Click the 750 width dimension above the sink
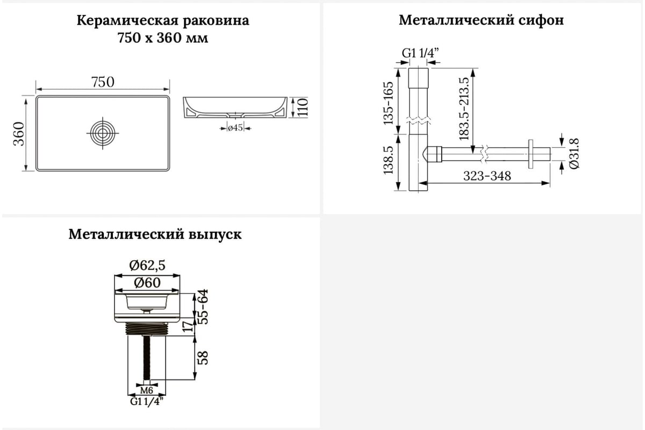pyautogui.click(x=103, y=82)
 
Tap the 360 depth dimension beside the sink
pyautogui.click(x=19, y=134)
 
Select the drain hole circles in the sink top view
pyautogui.click(x=103, y=133)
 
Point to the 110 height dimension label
pyautogui.click(x=302, y=107)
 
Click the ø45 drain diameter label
pyautogui.click(x=235, y=127)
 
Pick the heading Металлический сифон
pyautogui.click(x=481, y=20)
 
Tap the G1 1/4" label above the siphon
pyautogui.click(x=420, y=53)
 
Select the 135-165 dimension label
pyautogui.click(x=388, y=103)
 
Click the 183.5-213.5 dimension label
pyautogui.click(x=463, y=109)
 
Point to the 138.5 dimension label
pyautogui.click(x=388, y=160)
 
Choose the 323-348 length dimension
pyautogui.click(x=487, y=176)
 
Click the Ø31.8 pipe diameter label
pyautogui.click(x=574, y=154)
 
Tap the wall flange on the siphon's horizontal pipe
pyautogui.click(x=531, y=154)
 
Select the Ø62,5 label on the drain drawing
pyautogui.click(x=147, y=266)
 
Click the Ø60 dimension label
pyautogui.click(x=147, y=283)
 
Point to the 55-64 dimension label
pyautogui.click(x=203, y=307)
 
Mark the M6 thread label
pyautogui.click(x=147, y=391)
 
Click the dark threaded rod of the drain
pyautogui.click(x=147, y=358)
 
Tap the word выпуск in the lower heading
pyautogui.click(x=215, y=234)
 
